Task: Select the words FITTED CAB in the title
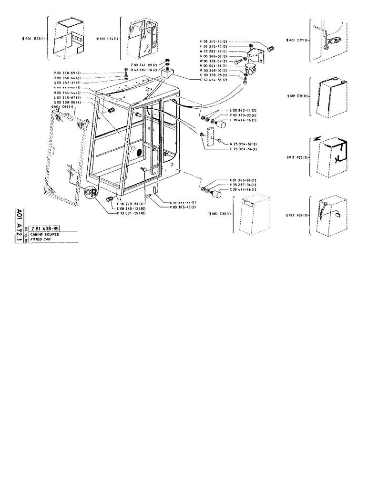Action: pos(41,239)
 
